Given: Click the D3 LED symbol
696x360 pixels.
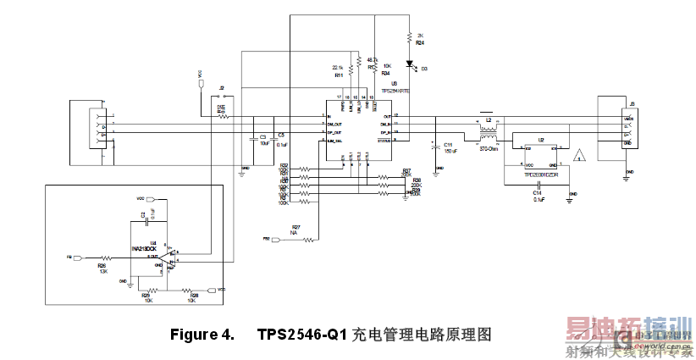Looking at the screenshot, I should click(410, 64).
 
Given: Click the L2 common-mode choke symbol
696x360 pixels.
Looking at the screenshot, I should click(487, 136).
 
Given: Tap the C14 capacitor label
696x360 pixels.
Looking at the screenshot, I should click(537, 193).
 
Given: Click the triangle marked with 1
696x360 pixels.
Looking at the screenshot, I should click(580, 156).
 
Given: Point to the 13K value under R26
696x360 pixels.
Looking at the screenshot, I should click(102, 271).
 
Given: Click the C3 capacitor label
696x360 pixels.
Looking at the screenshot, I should click(262, 136).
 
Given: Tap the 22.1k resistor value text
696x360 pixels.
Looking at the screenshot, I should click(337, 67).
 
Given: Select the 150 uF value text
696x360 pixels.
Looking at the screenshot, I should click(450, 151).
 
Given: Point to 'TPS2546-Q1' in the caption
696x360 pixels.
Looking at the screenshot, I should click(302, 335).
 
